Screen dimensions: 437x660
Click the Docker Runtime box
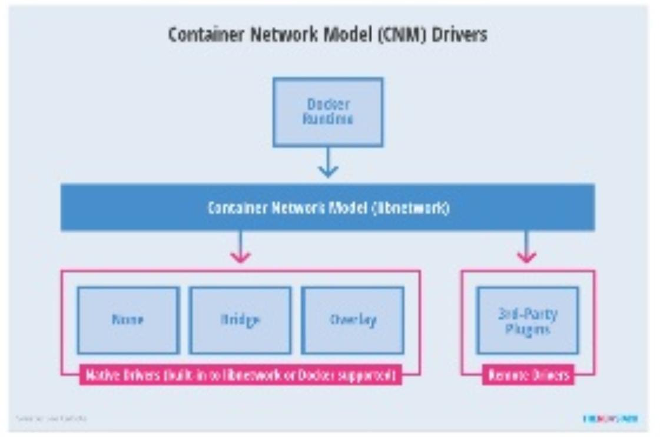(x=328, y=112)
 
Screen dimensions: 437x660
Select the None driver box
(x=128, y=320)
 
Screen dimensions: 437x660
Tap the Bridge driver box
(x=240, y=320)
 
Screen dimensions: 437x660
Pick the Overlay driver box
(x=353, y=320)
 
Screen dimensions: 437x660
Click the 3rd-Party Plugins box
(x=528, y=321)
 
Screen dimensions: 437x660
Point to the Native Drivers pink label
(x=240, y=375)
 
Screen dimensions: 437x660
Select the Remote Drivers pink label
(x=528, y=375)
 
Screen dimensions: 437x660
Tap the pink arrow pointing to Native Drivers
(x=240, y=247)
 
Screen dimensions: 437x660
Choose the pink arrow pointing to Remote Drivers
(x=526, y=247)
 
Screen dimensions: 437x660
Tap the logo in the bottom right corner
(x=611, y=419)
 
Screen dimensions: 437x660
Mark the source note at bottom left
(x=52, y=419)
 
